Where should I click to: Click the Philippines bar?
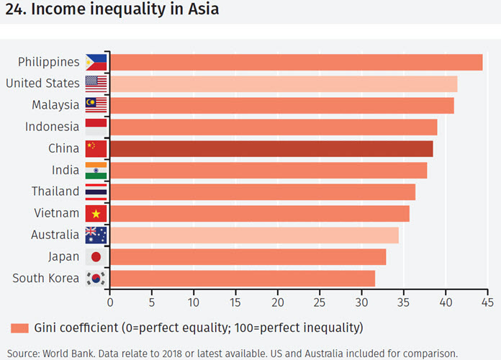click(296, 62)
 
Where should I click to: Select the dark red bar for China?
click(271, 148)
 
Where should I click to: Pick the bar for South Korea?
click(243, 278)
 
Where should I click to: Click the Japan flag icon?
click(96, 256)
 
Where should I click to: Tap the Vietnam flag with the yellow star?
click(96, 213)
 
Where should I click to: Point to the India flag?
click(96, 170)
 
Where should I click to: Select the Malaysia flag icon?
click(96, 105)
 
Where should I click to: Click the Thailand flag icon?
click(96, 192)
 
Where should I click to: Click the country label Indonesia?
click(51, 127)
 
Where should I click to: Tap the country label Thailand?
click(55, 192)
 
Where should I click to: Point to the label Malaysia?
click(55, 105)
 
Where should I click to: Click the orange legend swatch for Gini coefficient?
click(19, 328)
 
